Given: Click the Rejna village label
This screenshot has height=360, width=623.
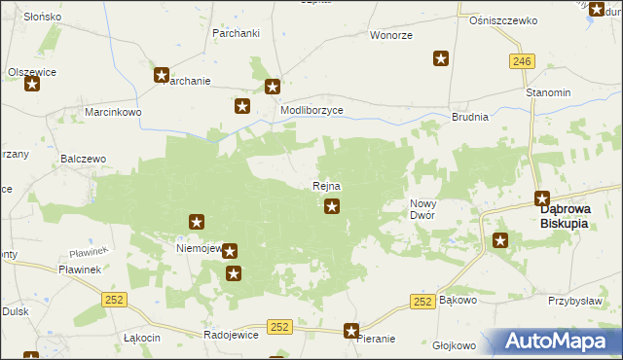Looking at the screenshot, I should pyautogui.click(x=326, y=186).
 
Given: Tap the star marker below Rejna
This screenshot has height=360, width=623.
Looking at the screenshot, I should pyautogui.click(x=332, y=205).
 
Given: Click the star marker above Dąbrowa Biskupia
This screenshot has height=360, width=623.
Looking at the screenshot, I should pyautogui.click(x=542, y=198).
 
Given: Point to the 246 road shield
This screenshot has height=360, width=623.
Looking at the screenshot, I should pyautogui.click(x=521, y=61).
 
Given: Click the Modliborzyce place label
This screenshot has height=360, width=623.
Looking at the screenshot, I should pyautogui.click(x=311, y=111).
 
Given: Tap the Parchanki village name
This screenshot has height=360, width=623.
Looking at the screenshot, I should pyautogui.click(x=235, y=33).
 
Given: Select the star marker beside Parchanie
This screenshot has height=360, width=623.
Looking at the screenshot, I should pyautogui.click(x=162, y=75).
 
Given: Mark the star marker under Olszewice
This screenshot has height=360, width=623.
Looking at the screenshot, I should pyautogui.click(x=32, y=84).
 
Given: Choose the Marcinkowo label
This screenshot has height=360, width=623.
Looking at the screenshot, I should pyautogui.click(x=113, y=112).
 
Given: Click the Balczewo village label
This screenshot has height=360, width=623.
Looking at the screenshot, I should pyautogui.click(x=83, y=157).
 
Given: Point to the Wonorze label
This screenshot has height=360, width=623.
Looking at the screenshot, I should pyautogui.click(x=390, y=35).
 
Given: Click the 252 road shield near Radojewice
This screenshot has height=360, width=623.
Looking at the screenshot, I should pyautogui.click(x=279, y=327).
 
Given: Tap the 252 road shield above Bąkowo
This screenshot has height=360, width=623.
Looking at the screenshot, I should pyautogui.click(x=421, y=302).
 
